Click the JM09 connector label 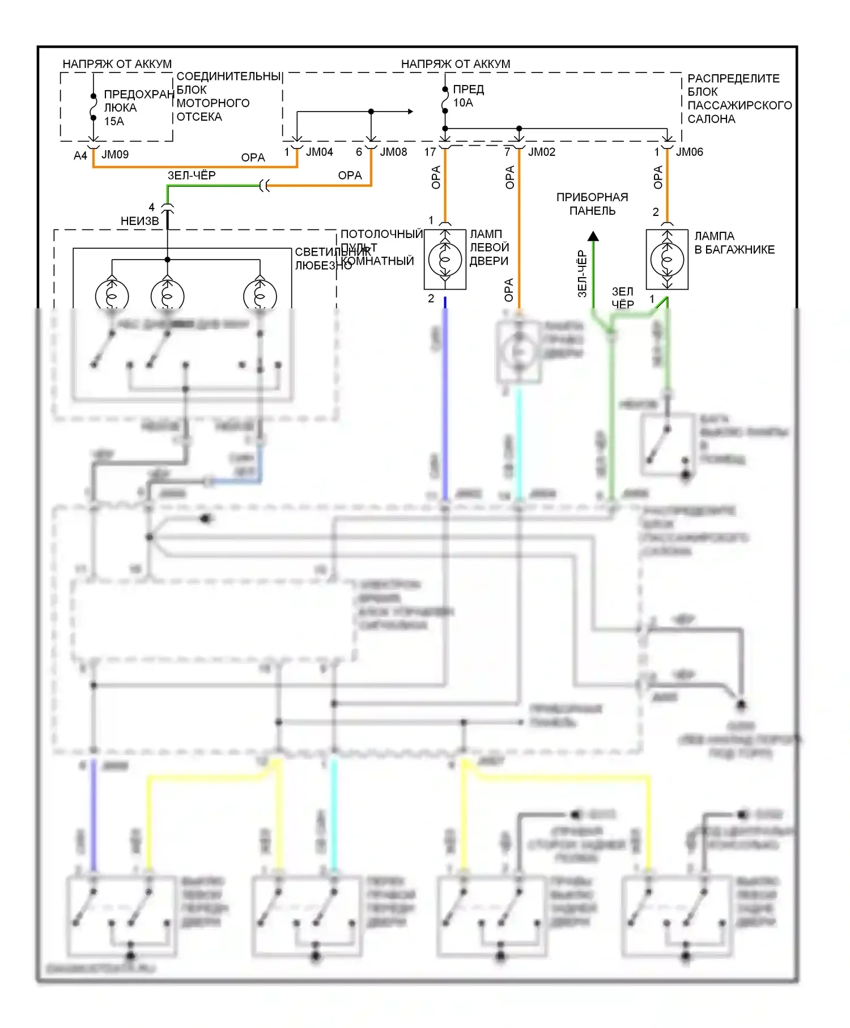click(x=115, y=155)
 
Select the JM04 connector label click(x=320, y=152)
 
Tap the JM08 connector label click(x=393, y=152)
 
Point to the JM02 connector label click(x=542, y=152)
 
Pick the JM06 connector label click(x=690, y=152)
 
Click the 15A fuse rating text click(x=114, y=121)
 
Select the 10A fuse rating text click(x=463, y=103)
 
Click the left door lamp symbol click(x=445, y=260)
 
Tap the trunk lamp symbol click(x=667, y=260)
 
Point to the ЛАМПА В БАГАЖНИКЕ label click(x=734, y=243)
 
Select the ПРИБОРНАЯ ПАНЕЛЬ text click(x=592, y=204)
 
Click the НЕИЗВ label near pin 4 click(x=139, y=221)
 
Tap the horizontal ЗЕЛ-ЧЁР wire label click(x=192, y=176)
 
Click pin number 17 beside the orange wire click(x=430, y=152)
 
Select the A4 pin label click(x=80, y=155)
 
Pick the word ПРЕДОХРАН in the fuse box click(x=139, y=95)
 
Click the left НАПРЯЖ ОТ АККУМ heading click(x=117, y=64)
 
